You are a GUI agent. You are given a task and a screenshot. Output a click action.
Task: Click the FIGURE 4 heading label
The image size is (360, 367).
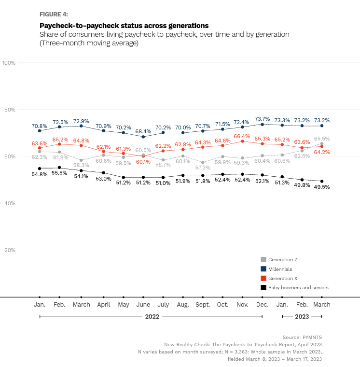[x=54, y=14]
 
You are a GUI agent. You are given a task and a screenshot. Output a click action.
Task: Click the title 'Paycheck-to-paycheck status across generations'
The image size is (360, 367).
[x=124, y=25]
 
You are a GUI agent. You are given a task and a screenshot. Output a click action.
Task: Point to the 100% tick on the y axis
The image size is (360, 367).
[x=10, y=63]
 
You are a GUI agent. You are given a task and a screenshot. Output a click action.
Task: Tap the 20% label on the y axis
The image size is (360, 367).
[x=10, y=250]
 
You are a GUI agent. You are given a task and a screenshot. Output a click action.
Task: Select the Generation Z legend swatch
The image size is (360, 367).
[x=263, y=260]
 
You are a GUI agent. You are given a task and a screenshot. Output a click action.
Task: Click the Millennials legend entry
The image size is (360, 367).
[x=280, y=269]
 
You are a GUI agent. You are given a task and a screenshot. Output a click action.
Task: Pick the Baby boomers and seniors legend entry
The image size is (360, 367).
[x=298, y=287]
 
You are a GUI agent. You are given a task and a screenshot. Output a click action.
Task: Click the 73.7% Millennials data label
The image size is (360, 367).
[x=262, y=119]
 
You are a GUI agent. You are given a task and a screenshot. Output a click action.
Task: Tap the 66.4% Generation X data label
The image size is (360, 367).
[x=242, y=136]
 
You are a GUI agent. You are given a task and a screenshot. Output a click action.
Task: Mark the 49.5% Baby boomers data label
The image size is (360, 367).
[x=321, y=187]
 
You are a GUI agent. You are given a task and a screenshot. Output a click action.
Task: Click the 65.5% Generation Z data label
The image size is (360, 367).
[x=321, y=139]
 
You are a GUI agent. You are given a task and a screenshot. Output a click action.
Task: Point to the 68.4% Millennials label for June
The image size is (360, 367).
[x=143, y=131]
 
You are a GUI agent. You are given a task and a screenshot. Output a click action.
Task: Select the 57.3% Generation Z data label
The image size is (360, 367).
[x=203, y=168]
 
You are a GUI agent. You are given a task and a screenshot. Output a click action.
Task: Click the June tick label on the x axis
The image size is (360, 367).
[x=143, y=305]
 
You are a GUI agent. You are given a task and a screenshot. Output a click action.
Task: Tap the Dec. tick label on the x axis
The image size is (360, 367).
[x=262, y=305]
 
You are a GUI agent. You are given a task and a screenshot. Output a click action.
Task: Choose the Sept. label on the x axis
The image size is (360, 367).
[x=203, y=305]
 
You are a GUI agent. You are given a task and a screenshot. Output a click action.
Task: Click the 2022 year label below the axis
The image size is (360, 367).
[x=152, y=317]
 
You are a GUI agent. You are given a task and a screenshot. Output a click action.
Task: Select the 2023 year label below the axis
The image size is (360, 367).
[x=302, y=317]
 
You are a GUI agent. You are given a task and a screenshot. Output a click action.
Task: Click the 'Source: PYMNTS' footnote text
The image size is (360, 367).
[x=302, y=337]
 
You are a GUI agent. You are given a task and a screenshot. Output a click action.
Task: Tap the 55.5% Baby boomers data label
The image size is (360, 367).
[x=59, y=173]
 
